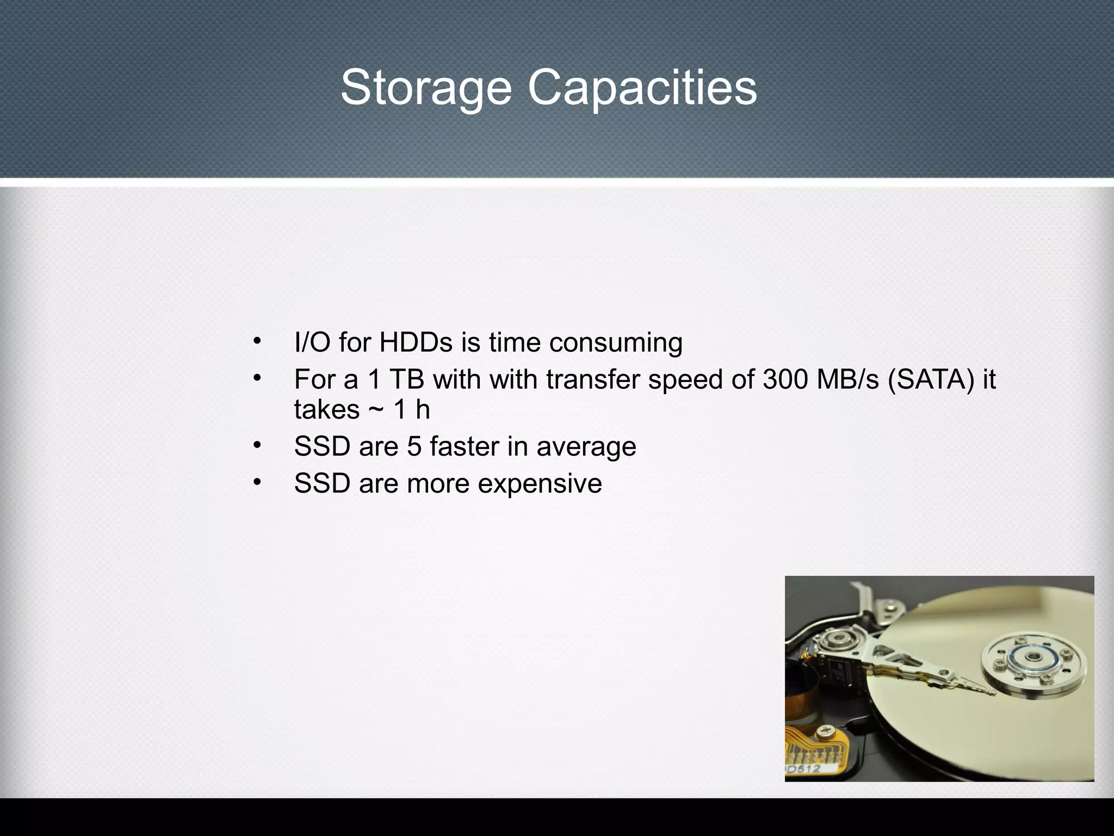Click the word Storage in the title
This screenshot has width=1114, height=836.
pos(426,89)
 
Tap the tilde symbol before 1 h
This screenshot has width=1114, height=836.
pos(375,409)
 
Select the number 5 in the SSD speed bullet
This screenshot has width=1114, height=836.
pos(414,447)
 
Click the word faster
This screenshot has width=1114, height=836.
pos(464,447)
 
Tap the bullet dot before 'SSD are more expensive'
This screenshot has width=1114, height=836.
pos(257,482)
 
